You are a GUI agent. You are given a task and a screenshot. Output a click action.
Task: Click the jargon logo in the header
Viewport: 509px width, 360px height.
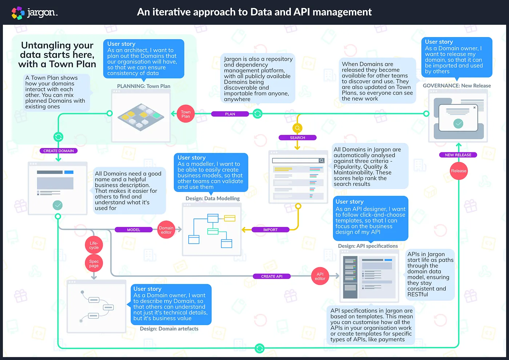[x=35, y=13]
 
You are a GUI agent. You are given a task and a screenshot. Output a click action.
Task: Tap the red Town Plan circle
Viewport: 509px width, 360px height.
[x=185, y=114]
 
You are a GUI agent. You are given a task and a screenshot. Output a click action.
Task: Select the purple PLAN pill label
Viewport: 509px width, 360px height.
[x=230, y=114]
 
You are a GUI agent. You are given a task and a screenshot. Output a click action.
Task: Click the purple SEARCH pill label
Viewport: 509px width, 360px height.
[x=297, y=138]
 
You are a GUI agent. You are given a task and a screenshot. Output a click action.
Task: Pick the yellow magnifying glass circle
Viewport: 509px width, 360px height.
[x=297, y=128]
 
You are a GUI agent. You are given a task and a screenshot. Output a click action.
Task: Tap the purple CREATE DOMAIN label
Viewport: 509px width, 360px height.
[x=59, y=151]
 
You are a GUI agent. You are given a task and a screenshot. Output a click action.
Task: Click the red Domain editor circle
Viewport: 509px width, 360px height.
[x=166, y=230]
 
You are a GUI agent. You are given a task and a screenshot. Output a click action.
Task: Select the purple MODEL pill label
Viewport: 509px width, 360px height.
[x=133, y=230]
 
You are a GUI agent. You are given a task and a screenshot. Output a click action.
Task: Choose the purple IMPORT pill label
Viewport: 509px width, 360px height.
[x=270, y=230]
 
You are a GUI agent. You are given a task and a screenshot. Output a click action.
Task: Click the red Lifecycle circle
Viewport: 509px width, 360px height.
[x=94, y=245]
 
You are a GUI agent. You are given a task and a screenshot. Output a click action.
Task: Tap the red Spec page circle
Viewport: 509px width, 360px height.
[x=94, y=264]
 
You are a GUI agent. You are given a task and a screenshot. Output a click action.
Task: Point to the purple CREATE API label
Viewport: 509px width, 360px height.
[x=272, y=276]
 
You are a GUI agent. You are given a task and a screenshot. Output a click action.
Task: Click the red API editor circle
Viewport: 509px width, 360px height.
[x=320, y=276]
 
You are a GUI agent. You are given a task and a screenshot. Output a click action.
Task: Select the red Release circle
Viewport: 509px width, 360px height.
[x=458, y=171]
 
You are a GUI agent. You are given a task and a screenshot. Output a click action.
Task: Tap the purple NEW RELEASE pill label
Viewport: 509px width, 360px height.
[x=458, y=155]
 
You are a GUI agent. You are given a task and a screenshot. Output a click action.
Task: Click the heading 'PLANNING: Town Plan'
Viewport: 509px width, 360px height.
[x=144, y=86]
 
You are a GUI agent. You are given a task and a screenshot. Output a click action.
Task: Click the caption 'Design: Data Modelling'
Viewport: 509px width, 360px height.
[x=213, y=199]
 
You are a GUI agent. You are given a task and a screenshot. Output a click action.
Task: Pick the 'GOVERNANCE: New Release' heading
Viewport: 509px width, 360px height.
[x=457, y=86]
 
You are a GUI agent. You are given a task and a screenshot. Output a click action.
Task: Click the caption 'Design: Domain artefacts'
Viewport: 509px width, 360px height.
[x=169, y=329]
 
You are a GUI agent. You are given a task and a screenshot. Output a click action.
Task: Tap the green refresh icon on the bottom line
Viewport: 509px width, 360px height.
[x=260, y=348]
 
